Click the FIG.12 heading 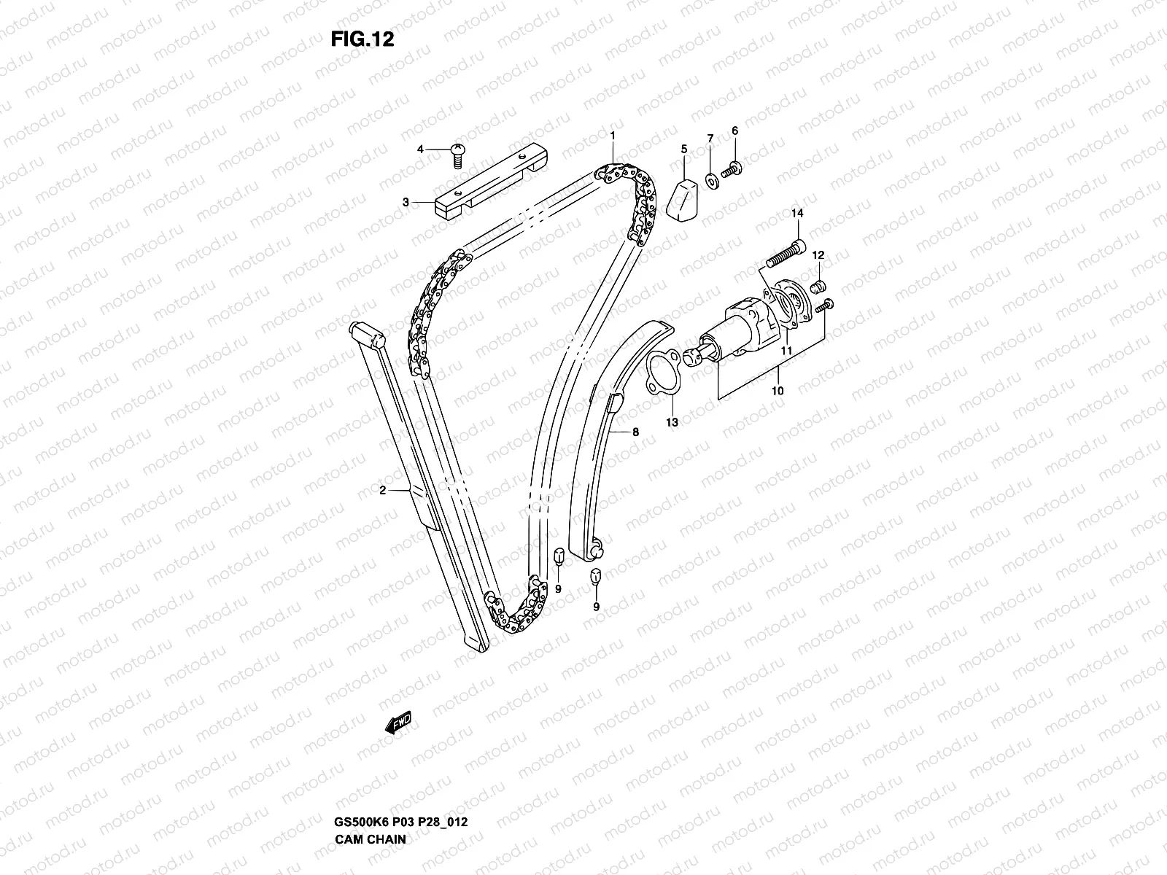362,40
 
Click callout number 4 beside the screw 420,149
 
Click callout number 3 406,202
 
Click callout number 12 818,255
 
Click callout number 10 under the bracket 778,391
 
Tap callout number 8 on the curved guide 635,432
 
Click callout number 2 382,491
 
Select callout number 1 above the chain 613,135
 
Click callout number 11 787,351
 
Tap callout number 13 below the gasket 672,421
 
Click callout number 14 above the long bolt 797,214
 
